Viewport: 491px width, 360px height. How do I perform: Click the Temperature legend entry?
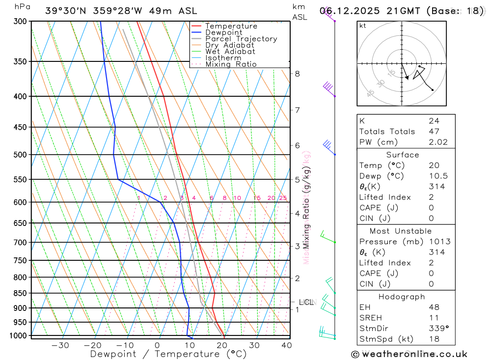[x=231, y=27]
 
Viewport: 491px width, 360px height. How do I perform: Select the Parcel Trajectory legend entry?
[x=241, y=39]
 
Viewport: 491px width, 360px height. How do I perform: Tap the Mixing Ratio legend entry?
[x=231, y=64]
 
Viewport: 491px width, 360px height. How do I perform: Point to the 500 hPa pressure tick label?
[x=20, y=155]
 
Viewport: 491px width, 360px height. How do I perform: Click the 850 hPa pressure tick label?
[x=20, y=293]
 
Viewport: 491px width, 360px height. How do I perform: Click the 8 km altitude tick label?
[x=297, y=74]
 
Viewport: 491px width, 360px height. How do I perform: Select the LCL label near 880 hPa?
[x=306, y=303]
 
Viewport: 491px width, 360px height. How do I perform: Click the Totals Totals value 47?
[x=434, y=132]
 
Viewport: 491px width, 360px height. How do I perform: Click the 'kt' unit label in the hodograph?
[x=363, y=26]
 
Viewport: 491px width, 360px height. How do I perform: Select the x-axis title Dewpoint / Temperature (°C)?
[x=168, y=354]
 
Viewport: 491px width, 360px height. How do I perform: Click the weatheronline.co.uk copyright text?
[x=409, y=354]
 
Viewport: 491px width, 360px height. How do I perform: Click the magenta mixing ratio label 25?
[x=283, y=198]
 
